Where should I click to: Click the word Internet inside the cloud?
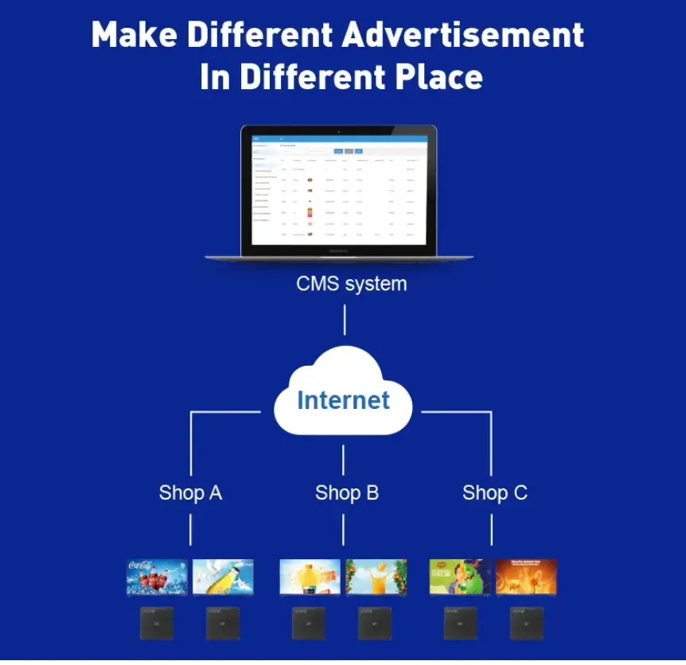(343, 399)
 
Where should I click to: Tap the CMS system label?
(351, 283)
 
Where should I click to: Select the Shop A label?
(190, 492)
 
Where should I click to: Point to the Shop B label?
(346, 492)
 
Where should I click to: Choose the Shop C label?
(494, 492)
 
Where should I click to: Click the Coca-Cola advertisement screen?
(157, 577)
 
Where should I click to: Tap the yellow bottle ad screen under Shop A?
(223, 577)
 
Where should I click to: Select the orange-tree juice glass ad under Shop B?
(376, 577)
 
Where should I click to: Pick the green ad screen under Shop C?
(460, 577)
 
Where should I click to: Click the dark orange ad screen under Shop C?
(526, 577)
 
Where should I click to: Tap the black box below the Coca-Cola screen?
(157, 623)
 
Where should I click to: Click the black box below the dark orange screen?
(526, 623)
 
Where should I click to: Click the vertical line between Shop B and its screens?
(344, 529)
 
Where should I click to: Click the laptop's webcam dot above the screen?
(338, 130)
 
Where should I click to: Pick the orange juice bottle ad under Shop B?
(310, 577)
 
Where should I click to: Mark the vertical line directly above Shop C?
(491, 445)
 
